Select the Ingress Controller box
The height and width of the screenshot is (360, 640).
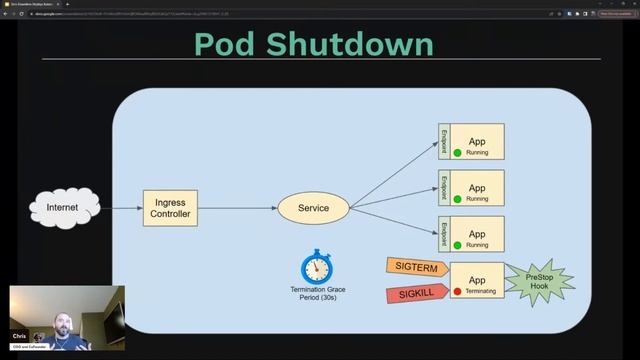[x=168, y=208]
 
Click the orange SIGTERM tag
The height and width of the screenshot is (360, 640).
[x=414, y=266]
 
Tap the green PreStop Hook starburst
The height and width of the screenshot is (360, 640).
[x=538, y=281]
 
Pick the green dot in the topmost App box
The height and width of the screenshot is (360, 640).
[x=457, y=153]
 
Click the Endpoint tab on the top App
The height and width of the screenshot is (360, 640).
[x=444, y=141]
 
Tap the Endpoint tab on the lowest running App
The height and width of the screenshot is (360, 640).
[x=444, y=233]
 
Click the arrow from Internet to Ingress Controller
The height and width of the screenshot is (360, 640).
[x=120, y=208]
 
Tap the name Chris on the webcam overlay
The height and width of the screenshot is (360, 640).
[x=18, y=337]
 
